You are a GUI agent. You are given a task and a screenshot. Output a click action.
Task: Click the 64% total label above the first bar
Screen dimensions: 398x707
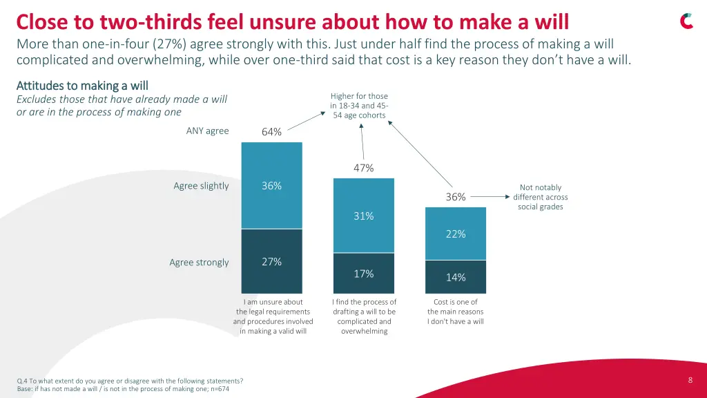[x=271, y=132]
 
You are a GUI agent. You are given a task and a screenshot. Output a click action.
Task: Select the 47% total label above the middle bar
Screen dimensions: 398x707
[x=363, y=168]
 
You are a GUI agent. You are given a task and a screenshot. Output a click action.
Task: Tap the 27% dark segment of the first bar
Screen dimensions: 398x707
[x=271, y=261]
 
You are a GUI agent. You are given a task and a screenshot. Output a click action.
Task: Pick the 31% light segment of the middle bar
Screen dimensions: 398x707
[x=364, y=216]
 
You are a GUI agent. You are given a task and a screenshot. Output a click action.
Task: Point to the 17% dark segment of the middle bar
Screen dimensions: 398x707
[x=364, y=274]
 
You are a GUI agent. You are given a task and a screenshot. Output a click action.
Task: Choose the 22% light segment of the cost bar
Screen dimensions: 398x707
[x=455, y=234]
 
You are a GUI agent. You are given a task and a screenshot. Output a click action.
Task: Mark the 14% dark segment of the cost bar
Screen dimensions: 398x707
[x=455, y=277]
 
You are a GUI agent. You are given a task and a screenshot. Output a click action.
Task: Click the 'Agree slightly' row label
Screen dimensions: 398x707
[x=201, y=186]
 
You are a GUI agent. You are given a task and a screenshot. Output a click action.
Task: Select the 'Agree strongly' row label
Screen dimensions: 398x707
[x=199, y=263]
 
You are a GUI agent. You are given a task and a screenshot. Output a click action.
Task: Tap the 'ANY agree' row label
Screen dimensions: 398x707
[x=207, y=131]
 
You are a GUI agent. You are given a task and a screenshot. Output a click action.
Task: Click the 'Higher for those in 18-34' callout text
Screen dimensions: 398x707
[x=359, y=106]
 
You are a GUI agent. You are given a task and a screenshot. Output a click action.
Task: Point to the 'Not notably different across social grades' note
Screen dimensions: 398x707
[x=540, y=197]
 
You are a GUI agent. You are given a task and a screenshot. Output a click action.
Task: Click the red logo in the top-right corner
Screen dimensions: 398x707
[x=686, y=21]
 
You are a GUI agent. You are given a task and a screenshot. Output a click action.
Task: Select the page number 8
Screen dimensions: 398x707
[x=690, y=380]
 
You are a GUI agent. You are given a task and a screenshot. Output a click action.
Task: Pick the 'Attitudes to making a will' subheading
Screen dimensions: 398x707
[x=82, y=86]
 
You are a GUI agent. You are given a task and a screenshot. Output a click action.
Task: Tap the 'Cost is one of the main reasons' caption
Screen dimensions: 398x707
[x=455, y=312]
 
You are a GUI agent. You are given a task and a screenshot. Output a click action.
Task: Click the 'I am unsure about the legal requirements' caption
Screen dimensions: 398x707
[x=273, y=316]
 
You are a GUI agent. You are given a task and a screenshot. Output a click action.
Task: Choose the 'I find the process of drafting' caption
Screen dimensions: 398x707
[x=364, y=316]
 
